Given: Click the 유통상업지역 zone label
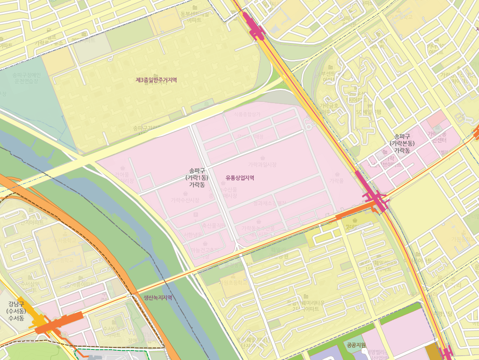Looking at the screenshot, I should pos(240,178).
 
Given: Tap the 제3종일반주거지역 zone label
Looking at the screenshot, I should pos(156,80).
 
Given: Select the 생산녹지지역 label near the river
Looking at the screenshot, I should pos(158,297).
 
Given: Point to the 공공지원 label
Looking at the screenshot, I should pos(356,345).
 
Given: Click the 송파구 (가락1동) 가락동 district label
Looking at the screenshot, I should pos(197,178).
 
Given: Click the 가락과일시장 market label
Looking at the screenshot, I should pos(262,165).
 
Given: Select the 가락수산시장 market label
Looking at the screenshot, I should pos(185,200).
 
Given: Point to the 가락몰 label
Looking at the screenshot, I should pos(336,180).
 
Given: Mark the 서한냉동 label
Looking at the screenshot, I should pos(193,234).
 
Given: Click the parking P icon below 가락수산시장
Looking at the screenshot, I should pos(196,214).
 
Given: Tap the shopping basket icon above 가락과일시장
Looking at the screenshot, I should pos(263,158).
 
